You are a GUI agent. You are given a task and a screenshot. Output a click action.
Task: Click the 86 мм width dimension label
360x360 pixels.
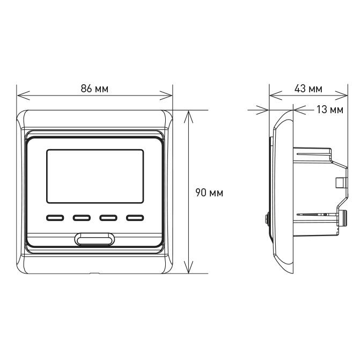(x=94, y=89)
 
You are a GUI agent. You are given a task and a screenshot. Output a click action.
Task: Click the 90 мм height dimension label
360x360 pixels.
(x=209, y=193)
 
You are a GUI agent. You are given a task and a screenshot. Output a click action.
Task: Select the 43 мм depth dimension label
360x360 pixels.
(x=308, y=89)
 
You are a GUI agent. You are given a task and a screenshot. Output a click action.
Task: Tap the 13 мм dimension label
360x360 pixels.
(x=329, y=110)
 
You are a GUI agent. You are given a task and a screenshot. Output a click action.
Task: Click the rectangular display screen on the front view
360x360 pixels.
(x=95, y=176)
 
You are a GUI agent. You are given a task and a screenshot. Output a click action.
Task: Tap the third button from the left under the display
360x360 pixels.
(x=108, y=218)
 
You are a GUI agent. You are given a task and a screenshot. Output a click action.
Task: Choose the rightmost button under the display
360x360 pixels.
(x=135, y=218)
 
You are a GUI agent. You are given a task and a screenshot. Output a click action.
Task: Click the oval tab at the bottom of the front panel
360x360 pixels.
(x=95, y=238)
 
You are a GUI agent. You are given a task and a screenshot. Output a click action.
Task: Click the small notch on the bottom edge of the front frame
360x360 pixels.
(x=95, y=274)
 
